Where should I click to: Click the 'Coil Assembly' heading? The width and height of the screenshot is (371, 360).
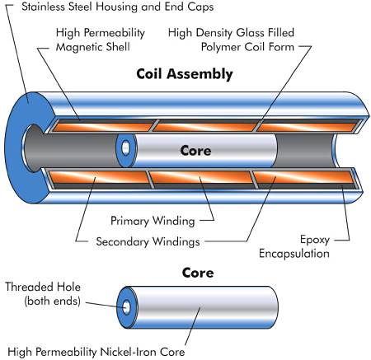(185, 74)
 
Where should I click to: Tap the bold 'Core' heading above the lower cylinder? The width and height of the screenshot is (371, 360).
(198, 273)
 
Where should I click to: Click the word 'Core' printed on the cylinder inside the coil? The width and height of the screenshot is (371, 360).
(195, 151)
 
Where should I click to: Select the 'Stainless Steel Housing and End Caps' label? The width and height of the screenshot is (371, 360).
(118, 7)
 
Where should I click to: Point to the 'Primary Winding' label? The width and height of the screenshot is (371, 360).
(153, 221)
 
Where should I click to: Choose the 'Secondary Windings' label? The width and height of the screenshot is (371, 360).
(148, 241)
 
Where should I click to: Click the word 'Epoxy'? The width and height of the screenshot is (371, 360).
(315, 240)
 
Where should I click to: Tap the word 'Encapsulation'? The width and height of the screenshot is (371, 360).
(294, 253)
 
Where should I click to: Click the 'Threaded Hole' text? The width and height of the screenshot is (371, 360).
(43, 287)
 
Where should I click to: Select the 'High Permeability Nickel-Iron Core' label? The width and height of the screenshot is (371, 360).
(96, 352)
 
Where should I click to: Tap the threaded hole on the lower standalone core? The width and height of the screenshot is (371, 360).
(126, 307)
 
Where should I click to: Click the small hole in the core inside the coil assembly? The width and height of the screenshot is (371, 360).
(125, 147)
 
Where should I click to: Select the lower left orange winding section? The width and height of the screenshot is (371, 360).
(100, 177)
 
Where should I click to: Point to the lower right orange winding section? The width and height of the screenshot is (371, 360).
(303, 177)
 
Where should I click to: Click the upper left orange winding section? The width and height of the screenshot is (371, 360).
(103, 127)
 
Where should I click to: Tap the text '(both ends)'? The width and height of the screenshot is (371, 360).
(53, 302)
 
